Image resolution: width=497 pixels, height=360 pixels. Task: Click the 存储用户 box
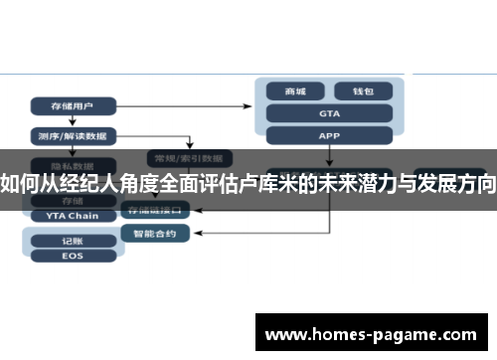(74, 104)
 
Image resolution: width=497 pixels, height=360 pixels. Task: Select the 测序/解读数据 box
(74, 134)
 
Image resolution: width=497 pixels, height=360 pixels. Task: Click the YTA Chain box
(72, 215)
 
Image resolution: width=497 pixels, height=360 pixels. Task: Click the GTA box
(330, 113)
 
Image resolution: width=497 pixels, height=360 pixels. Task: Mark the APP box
(330, 135)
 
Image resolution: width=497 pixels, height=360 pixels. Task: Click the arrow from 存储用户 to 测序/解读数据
(74, 119)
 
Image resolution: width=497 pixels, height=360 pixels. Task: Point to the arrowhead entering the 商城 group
(252, 103)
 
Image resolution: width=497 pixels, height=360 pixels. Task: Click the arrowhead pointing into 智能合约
(192, 234)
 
